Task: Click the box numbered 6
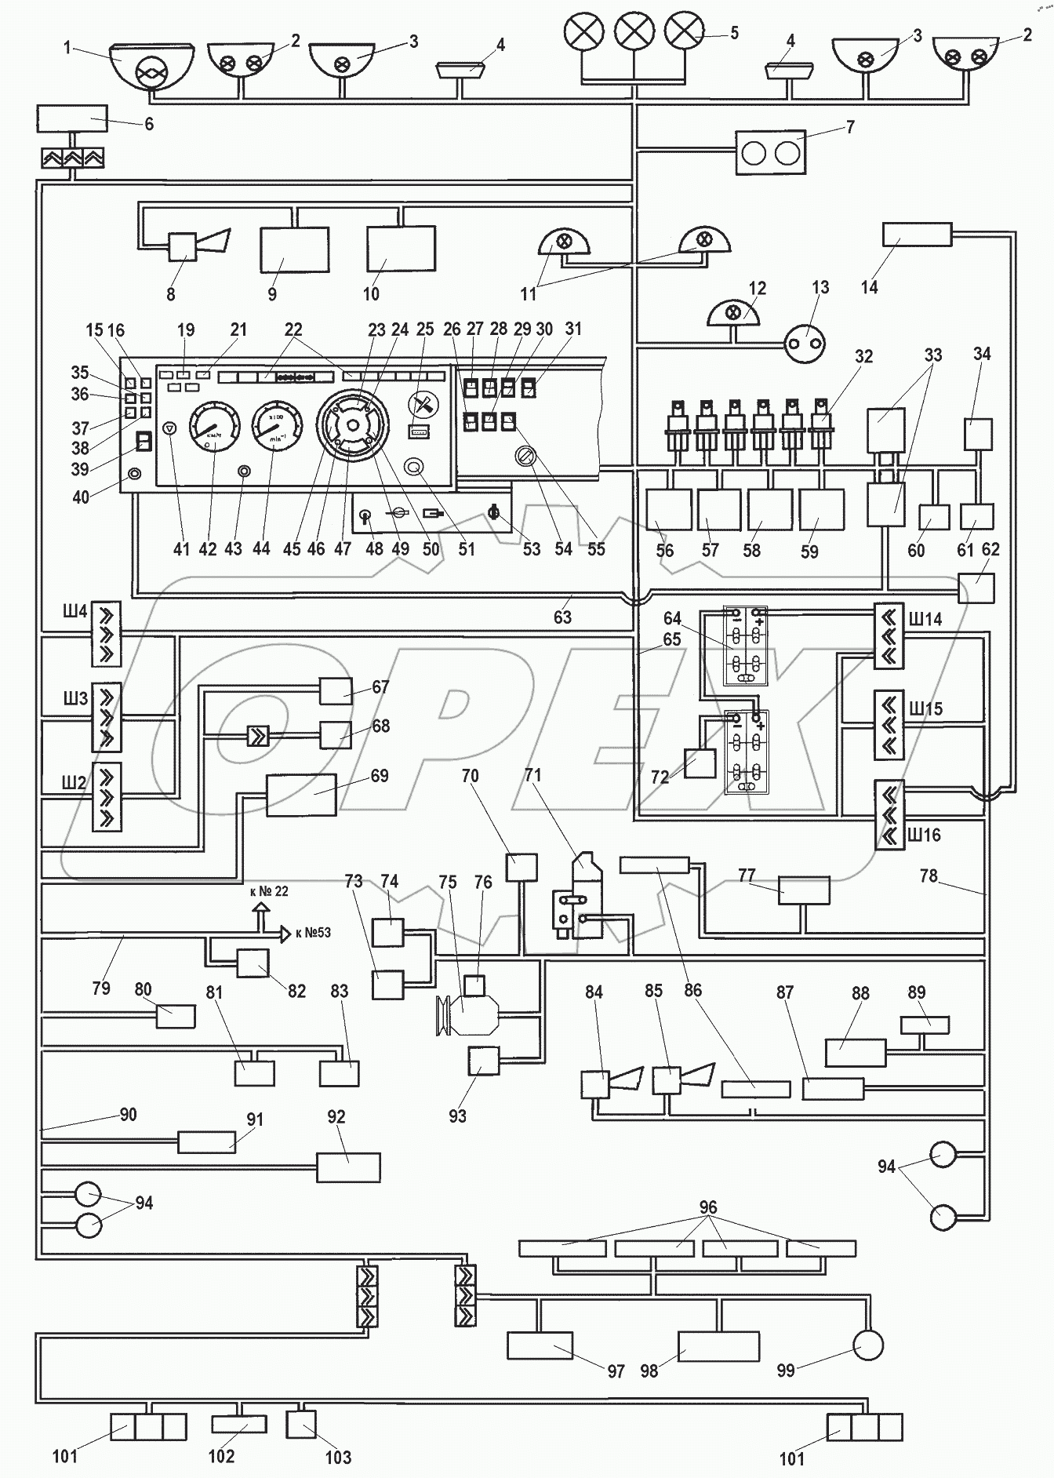(x=71, y=119)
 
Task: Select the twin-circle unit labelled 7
(x=770, y=152)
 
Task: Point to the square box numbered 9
(x=294, y=249)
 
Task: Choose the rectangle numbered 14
(x=917, y=234)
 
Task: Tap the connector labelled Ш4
(x=106, y=632)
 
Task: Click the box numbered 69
(x=301, y=795)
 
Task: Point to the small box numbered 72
(x=700, y=763)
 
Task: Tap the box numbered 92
(x=348, y=1167)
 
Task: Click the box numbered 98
(x=718, y=1346)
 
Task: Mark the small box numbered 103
(x=301, y=1424)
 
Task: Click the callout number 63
(x=562, y=617)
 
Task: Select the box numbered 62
(x=976, y=588)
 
